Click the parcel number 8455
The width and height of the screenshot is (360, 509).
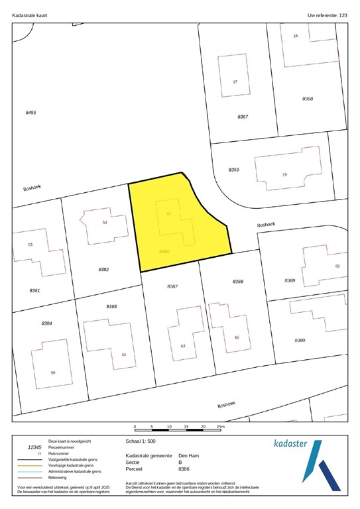coord(30,113)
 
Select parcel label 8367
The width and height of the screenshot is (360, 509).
coord(243,117)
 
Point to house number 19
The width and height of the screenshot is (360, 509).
coord(284,174)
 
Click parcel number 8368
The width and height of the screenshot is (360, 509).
coord(308,99)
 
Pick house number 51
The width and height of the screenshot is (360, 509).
coord(105,223)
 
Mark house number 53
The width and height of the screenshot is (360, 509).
coord(30,245)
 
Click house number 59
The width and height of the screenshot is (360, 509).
coord(53,372)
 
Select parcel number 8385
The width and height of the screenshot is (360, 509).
coord(111,306)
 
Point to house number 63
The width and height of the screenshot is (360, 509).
coord(183,347)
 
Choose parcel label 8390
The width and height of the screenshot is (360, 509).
coord(300,340)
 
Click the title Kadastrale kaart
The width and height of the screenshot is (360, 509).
coord(30,14)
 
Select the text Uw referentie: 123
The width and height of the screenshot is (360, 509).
coord(328,14)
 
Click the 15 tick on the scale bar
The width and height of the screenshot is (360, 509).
coord(186,427)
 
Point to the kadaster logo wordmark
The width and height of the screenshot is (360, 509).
coord(290,443)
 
